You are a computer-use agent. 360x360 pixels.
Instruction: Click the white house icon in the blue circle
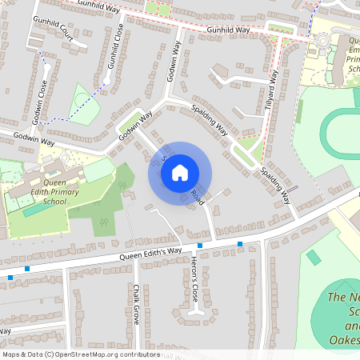(180, 172)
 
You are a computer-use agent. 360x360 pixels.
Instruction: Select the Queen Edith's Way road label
(150, 254)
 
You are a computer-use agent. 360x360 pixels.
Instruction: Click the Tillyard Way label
(272, 90)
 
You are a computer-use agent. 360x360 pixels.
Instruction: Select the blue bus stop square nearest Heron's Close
(199, 245)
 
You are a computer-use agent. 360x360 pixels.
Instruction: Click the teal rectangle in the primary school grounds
(34, 210)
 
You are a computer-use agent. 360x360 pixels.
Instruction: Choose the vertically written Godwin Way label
(174, 63)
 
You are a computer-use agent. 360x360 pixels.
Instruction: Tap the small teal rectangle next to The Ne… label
(314, 258)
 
